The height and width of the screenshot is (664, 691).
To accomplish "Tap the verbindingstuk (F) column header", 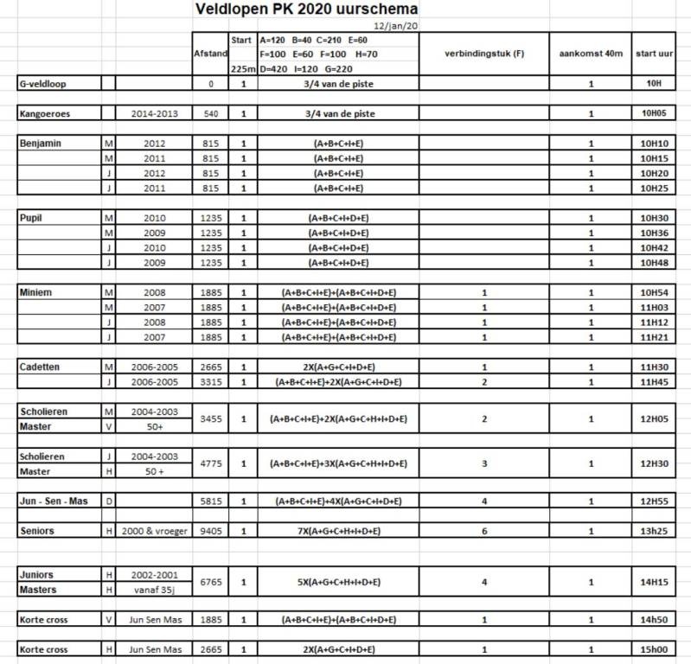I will [x=484, y=54].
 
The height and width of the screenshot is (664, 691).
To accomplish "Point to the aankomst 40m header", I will [x=591, y=54].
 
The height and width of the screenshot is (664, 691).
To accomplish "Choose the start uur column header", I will [x=661, y=54].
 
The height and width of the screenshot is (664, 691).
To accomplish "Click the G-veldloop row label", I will [x=42, y=85].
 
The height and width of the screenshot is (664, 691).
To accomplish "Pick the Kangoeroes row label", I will [x=44, y=113].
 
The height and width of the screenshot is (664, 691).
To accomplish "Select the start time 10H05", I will [x=661, y=113].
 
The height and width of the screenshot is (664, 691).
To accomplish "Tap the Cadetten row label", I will [x=41, y=367].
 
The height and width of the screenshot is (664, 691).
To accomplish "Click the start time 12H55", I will [x=661, y=501].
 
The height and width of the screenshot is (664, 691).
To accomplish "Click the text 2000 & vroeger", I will [x=154, y=531].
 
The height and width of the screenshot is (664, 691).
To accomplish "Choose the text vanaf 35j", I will [x=154, y=590].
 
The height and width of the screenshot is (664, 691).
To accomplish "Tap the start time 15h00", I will [x=661, y=649].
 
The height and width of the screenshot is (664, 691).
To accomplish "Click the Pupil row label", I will [x=31, y=219].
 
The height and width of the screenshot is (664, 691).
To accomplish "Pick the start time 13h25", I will [x=661, y=531].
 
